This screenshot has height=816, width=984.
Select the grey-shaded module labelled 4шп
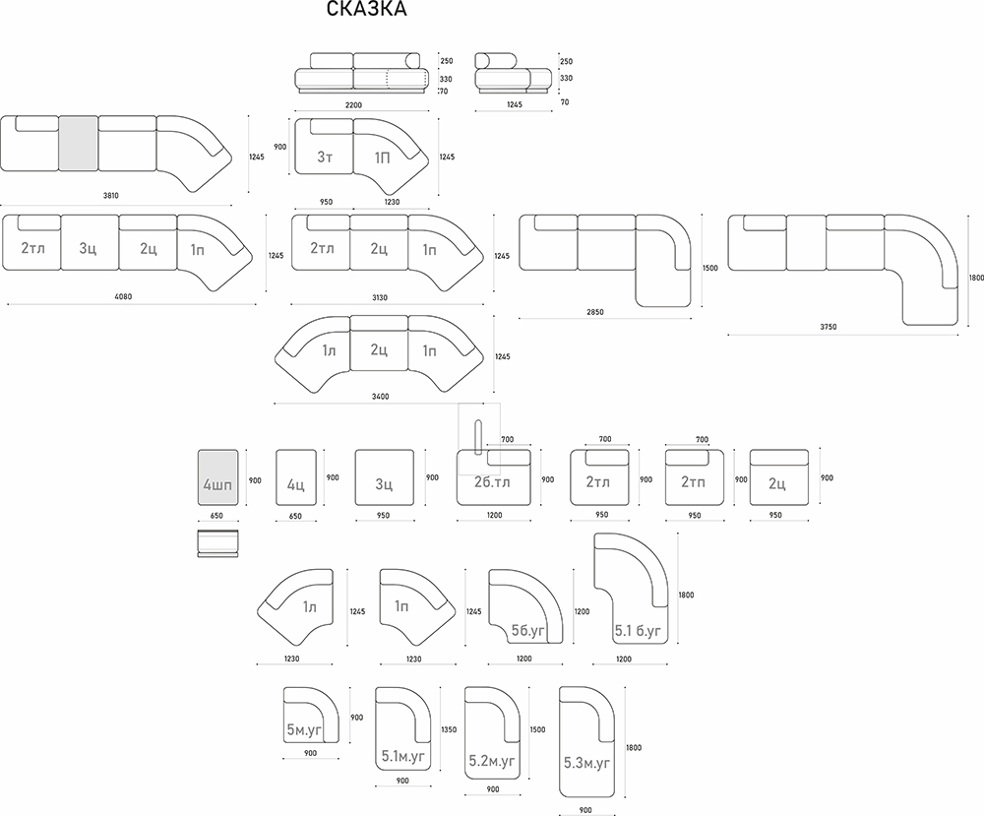coord(217,477)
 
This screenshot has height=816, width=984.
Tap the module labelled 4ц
coord(296,478)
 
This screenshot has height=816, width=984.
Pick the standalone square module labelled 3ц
coord(384,478)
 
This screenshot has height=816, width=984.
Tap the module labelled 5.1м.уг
coord(401,733)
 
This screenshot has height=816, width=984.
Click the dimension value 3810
coord(110,196)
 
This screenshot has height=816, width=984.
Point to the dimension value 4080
coord(124,295)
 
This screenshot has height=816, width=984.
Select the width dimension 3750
coord(829,326)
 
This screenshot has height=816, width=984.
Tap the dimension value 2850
coord(595,312)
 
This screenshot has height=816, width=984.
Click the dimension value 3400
coord(381,397)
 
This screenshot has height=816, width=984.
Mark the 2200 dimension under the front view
coord(354,104)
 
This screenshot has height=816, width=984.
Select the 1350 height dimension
coord(450,730)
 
